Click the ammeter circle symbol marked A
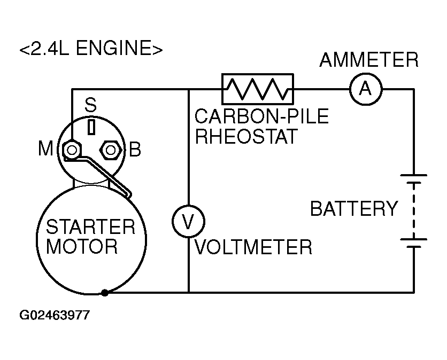(x=366, y=89)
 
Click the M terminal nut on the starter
(x=71, y=150)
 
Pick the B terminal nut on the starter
(x=111, y=150)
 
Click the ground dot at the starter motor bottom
(x=105, y=292)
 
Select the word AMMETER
(x=369, y=60)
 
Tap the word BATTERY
(x=354, y=209)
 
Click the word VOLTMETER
(x=253, y=247)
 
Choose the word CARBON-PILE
(x=261, y=116)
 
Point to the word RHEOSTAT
(x=245, y=137)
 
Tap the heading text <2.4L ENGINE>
(x=90, y=49)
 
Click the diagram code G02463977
(x=55, y=315)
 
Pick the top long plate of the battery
(x=413, y=175)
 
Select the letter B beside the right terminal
(x=135, y=150)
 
